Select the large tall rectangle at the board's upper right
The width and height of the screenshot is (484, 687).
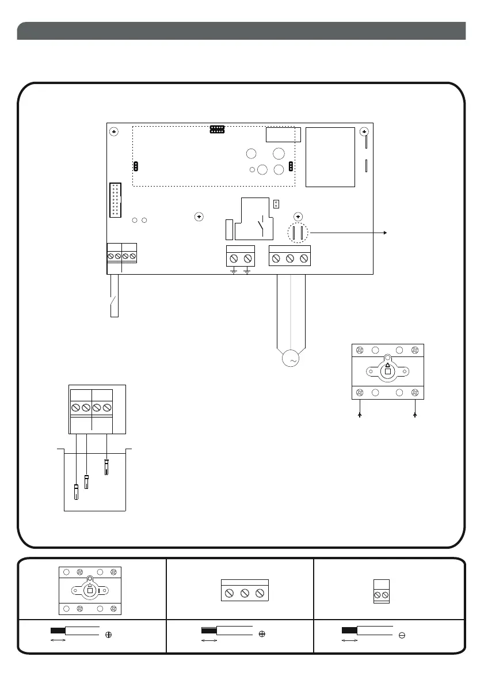click(330, 157)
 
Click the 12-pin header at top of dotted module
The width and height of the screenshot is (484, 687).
click(217, 129)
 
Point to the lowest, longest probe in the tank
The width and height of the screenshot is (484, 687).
click(77, 492)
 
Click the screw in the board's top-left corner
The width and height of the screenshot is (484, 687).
click(114, 132)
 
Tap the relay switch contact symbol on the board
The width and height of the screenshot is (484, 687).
click(262, 226)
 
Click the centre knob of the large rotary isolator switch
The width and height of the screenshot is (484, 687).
click(387, 371)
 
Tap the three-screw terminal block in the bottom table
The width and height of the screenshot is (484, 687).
click(245, 593)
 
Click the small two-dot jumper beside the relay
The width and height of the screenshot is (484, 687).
click(276, 203)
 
